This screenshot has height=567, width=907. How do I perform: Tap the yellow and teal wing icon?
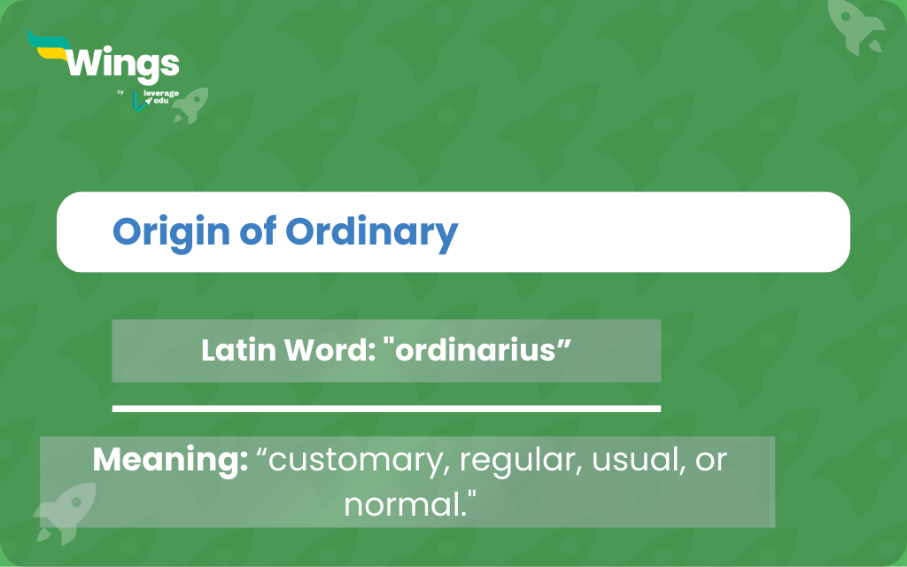point(50,44)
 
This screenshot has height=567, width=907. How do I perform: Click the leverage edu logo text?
point(160,97)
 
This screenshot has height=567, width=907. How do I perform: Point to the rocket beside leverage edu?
point(191,105)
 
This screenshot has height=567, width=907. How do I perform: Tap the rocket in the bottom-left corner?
point(65,514)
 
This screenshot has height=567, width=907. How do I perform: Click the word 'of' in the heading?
point(258,231)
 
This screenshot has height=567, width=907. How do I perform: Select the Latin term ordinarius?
point(476,350)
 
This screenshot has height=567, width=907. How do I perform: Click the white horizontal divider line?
point(386,408)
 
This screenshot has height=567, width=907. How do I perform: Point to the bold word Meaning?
point(170,461)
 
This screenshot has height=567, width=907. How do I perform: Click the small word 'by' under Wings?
point(120,92)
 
